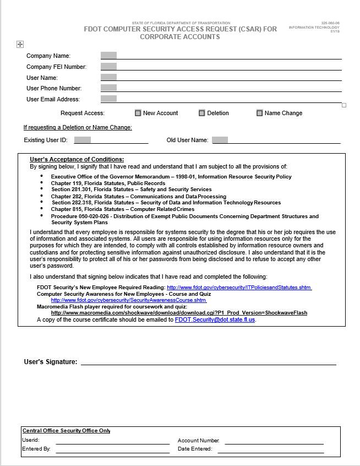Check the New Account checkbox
tap(138, 113)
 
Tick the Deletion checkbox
tap(202, 113)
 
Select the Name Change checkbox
tap(259, 113)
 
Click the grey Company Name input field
tap(108, 56)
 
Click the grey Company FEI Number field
tap(108, 67)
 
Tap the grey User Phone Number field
tap(108, 88)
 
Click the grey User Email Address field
tap(108, 99)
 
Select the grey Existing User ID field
tap(82, 140)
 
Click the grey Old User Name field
tap(220, 140)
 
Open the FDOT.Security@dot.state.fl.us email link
tap(215, 319)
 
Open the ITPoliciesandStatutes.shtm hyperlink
tap(239, 288)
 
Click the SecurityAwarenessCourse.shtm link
tap(128, 300)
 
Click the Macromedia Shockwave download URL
tap(179, 313)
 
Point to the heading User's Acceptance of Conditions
tap(77, 159)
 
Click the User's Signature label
tap(50, 362)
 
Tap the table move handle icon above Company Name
tap(20, 45)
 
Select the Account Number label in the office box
tap(199, 441)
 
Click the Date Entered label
tap(195, 449)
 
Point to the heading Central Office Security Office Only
tap(66, 431)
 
